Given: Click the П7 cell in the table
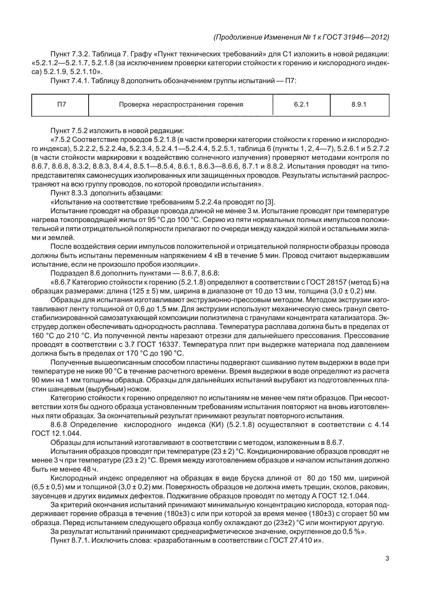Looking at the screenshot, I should coord(61,104).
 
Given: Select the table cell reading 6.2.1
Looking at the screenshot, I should coord(301,104).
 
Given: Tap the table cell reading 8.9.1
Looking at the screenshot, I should coord(359,104).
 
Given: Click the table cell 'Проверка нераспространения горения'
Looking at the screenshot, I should coord(181,104).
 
